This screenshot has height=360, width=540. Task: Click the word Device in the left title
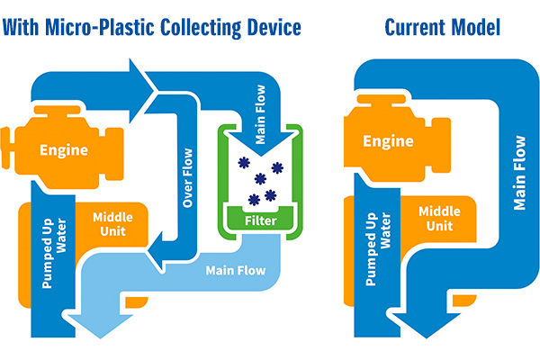[266, 28]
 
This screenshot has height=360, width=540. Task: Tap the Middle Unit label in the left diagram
[102, 224]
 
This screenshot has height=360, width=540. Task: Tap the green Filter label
[261, 218]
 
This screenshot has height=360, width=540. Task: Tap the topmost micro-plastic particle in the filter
[241, 163]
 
